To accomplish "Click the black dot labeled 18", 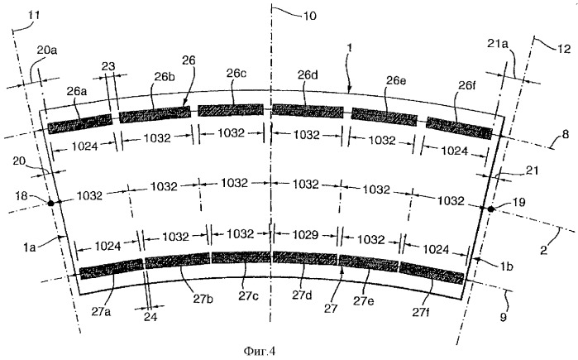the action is click(x=50, y=203).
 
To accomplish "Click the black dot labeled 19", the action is click(x=490, y=209).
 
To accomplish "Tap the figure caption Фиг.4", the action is click(x=260, y=351).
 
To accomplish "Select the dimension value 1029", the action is click(x=306, y=234).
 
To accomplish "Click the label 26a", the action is click(x=77, y=91).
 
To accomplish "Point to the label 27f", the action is click(x=421, y=313).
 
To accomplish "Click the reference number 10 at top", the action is click(x=309, y=16).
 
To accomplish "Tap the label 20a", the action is click(x=47, y=50).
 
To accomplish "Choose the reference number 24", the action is click(x=150, y=317).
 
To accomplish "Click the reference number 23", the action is click(x=108, y=67).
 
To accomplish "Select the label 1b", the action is click(x=507, y=266).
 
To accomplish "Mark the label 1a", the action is click(x=30, y=247).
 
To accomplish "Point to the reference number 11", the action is click(x=34, y=15).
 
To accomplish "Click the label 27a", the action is click(x=101, y=312).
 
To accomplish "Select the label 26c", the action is click(x=236, y=74).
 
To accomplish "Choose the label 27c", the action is click(x=247, y=296).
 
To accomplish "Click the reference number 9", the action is click(x=504, y=317).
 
